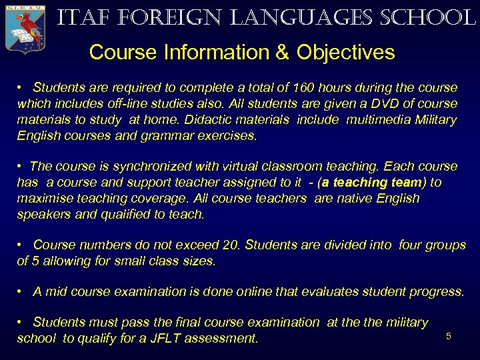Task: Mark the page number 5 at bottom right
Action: tap(449, 336)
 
